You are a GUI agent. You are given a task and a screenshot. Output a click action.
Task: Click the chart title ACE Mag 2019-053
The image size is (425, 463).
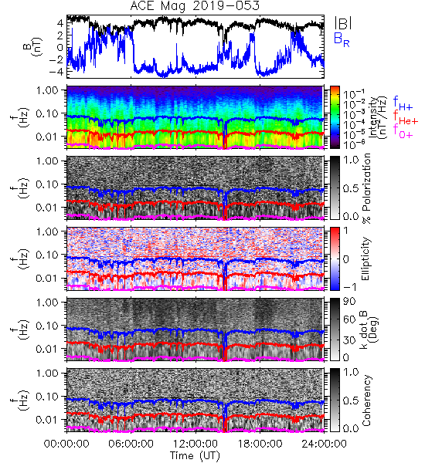(x=195, y=5)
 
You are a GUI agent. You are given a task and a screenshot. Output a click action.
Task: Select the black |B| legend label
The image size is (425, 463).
(x=343, y=22)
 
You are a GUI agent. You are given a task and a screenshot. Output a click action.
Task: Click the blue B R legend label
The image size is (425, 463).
(x=342, y=39)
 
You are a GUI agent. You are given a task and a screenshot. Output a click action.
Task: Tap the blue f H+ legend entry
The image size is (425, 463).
(x=403, y=103)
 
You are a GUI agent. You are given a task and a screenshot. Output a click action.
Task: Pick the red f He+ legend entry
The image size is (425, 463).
(x=405, y=118)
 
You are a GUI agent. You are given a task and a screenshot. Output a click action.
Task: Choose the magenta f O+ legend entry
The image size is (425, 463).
(x=403, y=132)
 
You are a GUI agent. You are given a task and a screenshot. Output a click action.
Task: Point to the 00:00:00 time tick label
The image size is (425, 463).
(x=66, y=444)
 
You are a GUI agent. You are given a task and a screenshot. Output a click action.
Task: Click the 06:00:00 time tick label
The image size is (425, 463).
(x=131, y=444)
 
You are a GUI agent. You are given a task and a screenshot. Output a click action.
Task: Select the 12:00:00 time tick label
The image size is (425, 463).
(x=195, y=444)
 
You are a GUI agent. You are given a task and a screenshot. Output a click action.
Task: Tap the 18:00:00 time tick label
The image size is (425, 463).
(x=260, y=444)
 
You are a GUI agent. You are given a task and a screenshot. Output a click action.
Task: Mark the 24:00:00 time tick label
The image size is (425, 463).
(x=324, y=444)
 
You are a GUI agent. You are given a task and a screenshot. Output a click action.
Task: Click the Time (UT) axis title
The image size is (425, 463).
(x=195, y=455)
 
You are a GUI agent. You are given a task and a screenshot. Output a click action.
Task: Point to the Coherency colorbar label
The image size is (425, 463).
(x=366, y=400)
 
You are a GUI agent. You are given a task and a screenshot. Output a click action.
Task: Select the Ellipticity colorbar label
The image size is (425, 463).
(x=365, y=259)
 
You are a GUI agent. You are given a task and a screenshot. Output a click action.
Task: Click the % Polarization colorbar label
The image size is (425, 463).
(x=366, y=188)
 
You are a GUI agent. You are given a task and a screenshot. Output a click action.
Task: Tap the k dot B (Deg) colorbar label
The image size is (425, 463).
(x=369, y=330)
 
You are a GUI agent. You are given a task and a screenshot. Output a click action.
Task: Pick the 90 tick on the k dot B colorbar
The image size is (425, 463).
(x=349, y=302)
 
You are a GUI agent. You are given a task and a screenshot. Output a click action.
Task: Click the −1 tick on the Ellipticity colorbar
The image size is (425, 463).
(x=349, y=287)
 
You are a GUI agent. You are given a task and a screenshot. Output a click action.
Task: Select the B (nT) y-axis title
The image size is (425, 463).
(x=34, y=46)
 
